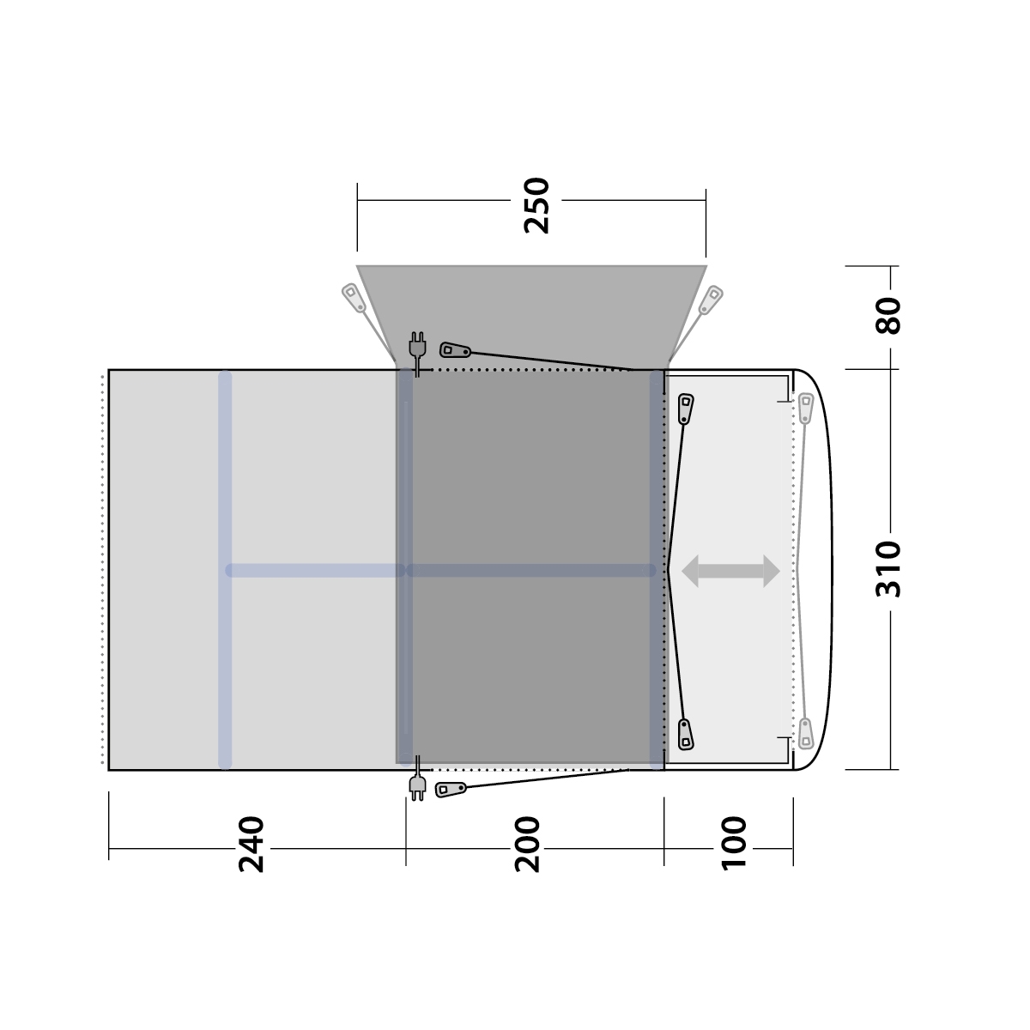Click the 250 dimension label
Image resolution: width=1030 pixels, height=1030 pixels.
(536, 206)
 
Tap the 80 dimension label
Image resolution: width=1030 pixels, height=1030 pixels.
(888, 316)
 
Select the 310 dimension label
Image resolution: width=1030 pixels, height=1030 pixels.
(888, 569)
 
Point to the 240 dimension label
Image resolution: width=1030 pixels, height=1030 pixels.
(251, 845)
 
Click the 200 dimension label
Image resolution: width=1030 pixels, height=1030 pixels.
(527, 845)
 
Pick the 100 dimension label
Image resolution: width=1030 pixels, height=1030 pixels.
(734, 845)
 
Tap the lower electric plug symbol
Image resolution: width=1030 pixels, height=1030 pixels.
(417, 779)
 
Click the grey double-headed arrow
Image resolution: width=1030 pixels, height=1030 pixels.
(730, 571)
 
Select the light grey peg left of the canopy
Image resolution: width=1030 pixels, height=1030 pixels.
(354, 298)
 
